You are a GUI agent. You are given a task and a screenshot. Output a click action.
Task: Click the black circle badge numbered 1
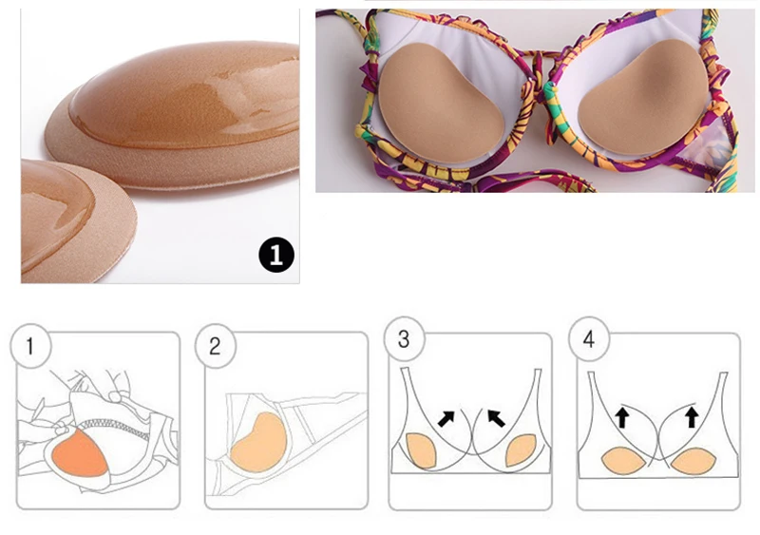pos(276,255)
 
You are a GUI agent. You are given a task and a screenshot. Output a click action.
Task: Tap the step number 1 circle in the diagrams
pos(30,346)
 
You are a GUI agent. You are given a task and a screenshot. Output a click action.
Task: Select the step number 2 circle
pos(216,346)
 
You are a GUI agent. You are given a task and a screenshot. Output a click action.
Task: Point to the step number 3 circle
pos(404,339)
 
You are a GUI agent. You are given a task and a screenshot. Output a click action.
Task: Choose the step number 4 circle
pos(589,339)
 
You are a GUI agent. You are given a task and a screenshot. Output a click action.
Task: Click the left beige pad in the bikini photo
pos(439,105)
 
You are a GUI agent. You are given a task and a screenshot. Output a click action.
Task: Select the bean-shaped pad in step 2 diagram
pos(259,443)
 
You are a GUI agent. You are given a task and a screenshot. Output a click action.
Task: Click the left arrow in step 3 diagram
pos(446,417)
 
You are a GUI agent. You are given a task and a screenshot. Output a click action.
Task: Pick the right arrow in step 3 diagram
pos(496,417)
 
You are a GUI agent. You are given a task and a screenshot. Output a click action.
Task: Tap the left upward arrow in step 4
pos(622,416)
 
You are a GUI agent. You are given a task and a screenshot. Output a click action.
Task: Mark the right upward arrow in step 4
pos(693,416)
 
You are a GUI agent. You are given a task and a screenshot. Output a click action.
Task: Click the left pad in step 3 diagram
pos(421,450)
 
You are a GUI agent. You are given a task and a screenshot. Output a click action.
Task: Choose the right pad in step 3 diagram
pos(521,450)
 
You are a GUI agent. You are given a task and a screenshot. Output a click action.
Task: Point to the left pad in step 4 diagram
pos(623,460)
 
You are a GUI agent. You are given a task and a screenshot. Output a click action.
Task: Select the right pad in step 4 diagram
pos(693,461)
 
